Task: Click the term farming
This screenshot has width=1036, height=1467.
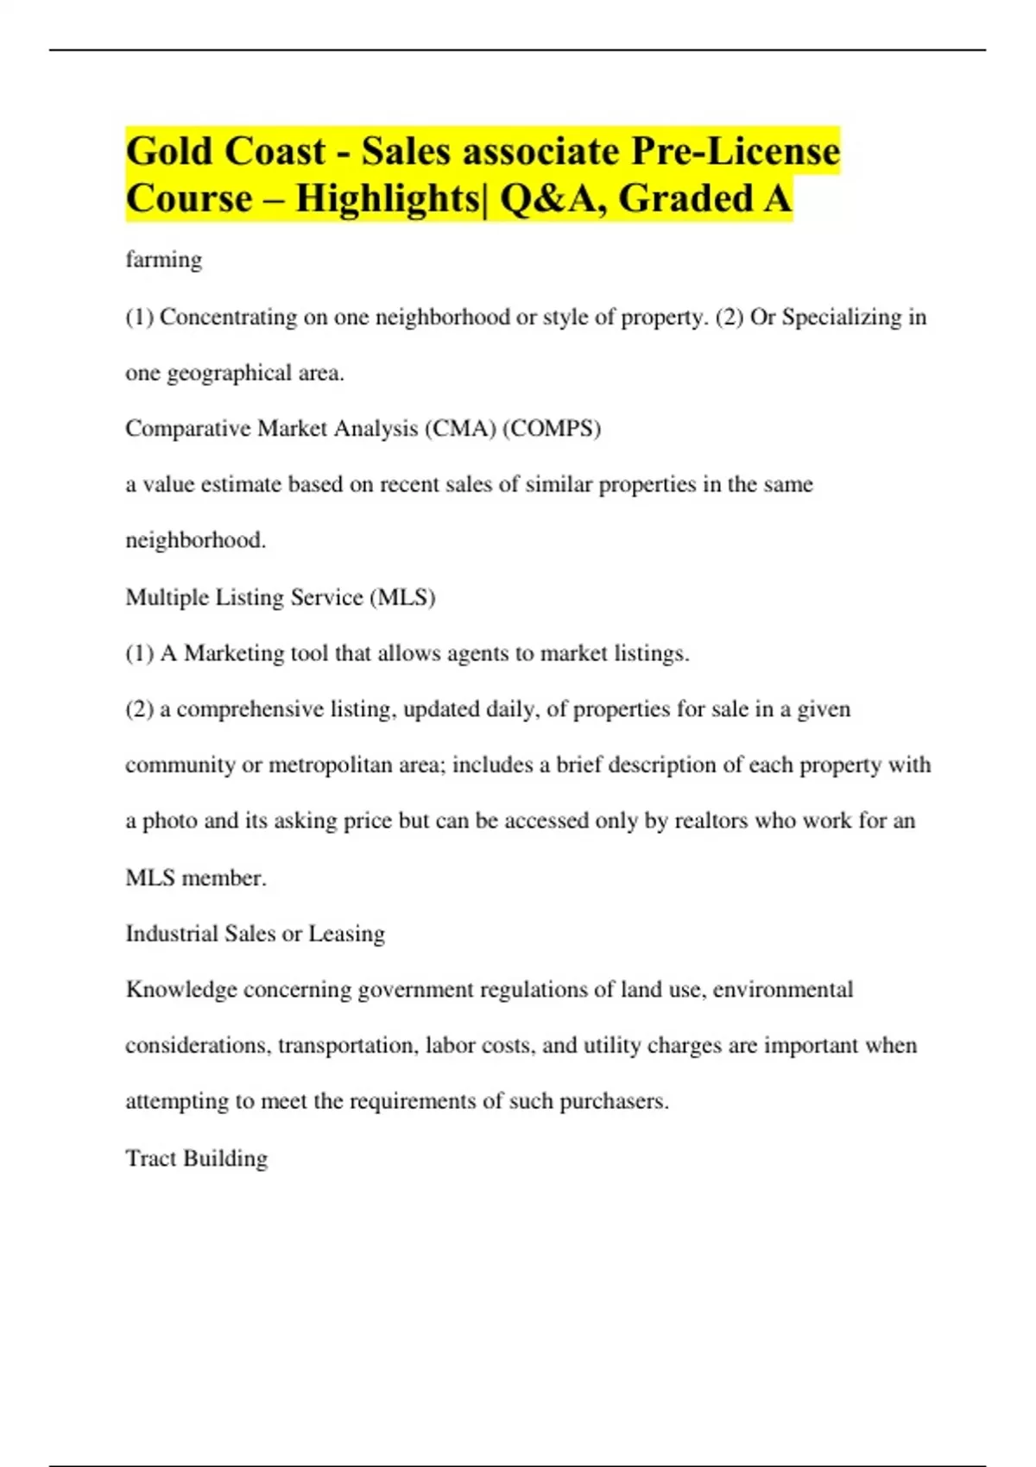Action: click(164, 260)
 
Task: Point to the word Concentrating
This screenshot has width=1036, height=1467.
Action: click(228, 318)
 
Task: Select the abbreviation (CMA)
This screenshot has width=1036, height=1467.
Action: click(459, 429)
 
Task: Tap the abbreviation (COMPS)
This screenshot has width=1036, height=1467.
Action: click(551, 429)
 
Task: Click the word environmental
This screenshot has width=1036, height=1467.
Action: click(782, 990)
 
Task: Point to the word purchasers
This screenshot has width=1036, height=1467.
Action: click(613, 1102)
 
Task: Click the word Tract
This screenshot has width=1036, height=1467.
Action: click(150, 1158)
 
